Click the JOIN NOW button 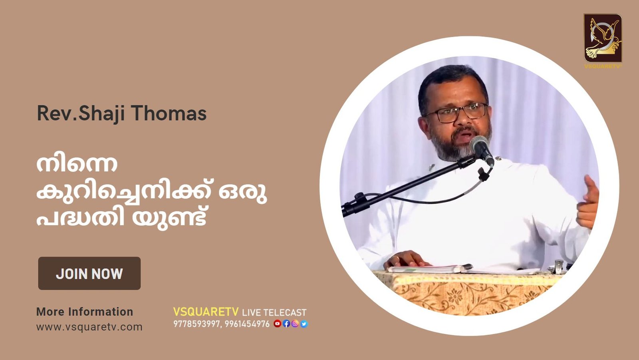click(89, 273)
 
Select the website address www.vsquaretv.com click(89, 327)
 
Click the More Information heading click(85, 312)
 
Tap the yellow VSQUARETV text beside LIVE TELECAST click(206, 312)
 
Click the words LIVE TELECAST click(274, 312)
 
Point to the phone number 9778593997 click(196, 324)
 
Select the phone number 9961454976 click(247, 324)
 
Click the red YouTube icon click(277, 324)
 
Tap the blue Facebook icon click(286, 324)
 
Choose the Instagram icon click(295, 324)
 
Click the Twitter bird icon click(304, 324)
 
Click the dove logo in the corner click(603, 38)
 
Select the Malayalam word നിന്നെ click(77, 164)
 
